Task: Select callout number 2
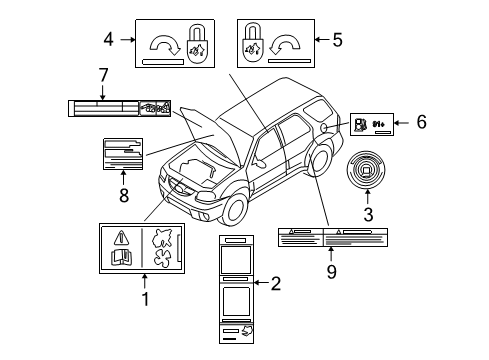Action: click(276, 285)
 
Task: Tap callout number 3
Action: click(367, 213)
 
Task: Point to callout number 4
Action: click(108, 40)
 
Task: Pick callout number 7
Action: click(102, 74)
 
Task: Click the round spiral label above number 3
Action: click(367, 170)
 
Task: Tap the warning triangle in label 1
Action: click(122, 238)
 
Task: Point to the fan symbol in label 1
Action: click(159, 263)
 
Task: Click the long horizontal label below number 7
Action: click(118, 105)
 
